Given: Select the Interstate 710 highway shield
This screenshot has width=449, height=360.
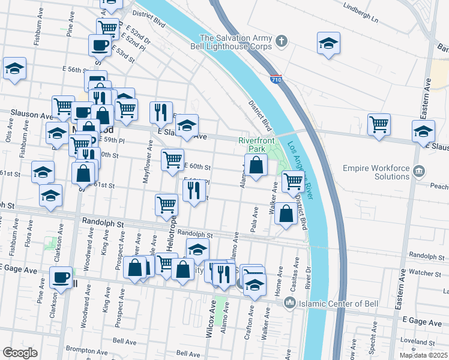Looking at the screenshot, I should (x=276, y=79).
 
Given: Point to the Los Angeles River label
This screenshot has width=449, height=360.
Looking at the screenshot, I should (x=301, y=175).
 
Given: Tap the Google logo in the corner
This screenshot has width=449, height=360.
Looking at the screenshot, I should (x=20, y=353).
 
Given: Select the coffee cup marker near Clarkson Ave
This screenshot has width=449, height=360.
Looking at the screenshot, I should (x=61, y=277).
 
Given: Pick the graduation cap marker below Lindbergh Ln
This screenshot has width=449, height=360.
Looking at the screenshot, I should (x=328, y=43).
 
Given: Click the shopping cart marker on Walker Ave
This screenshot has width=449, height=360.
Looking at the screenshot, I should (x=292, y=181).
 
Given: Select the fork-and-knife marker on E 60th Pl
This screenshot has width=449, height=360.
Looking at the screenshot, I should (x=193, y=190).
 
